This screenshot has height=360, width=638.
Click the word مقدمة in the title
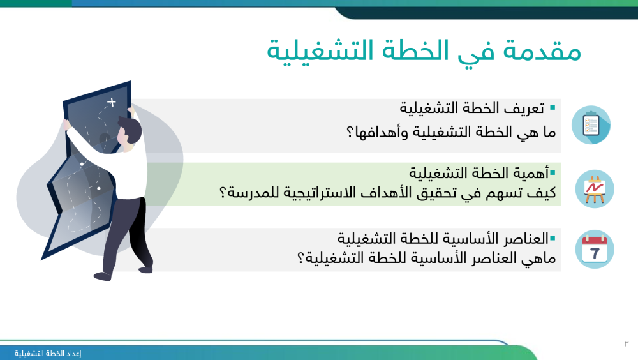click(x=542, y=51)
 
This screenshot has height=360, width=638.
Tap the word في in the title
click(x=477, y=53)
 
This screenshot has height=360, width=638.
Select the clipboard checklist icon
click(x=591, y=124)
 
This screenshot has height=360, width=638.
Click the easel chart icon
click(x=595, y=189)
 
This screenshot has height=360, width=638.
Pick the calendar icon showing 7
click(x=595, y=249)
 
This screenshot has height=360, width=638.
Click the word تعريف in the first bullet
click(x=524, y=109)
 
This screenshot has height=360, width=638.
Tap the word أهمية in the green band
click(x=529, y=173)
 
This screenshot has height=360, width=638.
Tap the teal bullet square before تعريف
click(x=553, y=107)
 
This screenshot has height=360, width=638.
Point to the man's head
click(x=130, y=130)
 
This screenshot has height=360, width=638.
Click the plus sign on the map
click(x=112, y=102)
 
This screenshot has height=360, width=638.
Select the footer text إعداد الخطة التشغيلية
click(x=48, y=354)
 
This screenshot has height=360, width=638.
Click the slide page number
click(x=627, y=344)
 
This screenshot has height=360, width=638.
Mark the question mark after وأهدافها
click(x=350, y=132)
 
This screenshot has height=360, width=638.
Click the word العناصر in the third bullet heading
click(x=526, y=239)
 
